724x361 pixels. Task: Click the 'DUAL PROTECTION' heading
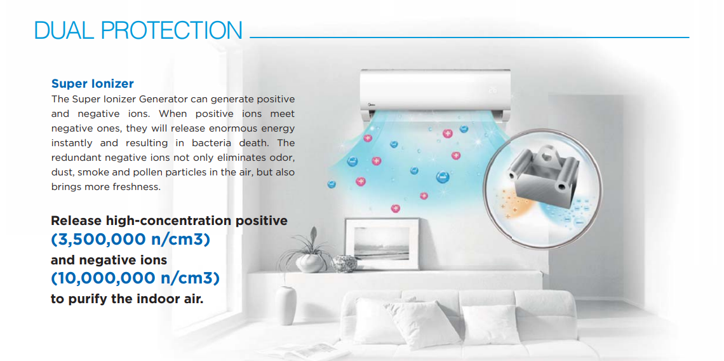click(138, 31)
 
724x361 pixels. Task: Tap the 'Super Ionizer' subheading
click(92, 84)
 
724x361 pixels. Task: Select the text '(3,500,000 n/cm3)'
click(130, 240)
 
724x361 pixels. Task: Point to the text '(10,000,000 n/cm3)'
click(135, 278)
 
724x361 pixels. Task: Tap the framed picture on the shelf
click(382, 243)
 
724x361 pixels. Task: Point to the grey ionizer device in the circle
click(541, 174)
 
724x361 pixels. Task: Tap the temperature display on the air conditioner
click(492, 90)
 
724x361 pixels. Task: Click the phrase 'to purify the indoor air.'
click(127, 299)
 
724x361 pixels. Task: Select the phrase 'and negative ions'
click(109, 260)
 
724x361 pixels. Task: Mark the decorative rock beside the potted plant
click(344, 264)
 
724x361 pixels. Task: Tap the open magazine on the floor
click(300, 351)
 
